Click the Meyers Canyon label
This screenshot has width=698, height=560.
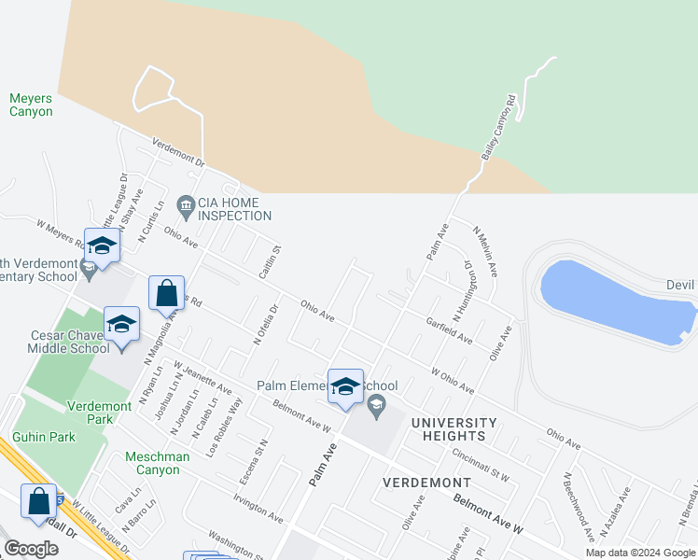pyautogui.click(x=31, y=105)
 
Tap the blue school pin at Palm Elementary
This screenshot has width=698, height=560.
pyautogui.click(x=345, y=387)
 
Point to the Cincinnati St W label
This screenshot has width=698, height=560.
pyautogui.click(x=479, y=464)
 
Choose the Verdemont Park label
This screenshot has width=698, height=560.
pyautogui.click(x=90, y=412)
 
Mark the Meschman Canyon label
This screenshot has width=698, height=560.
pyautogui.click(x=158, y=463)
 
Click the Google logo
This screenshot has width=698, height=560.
pyautogui.click(x=31, y=548)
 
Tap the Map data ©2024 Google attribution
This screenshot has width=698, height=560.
pyautogui.click(x=639, y=553)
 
